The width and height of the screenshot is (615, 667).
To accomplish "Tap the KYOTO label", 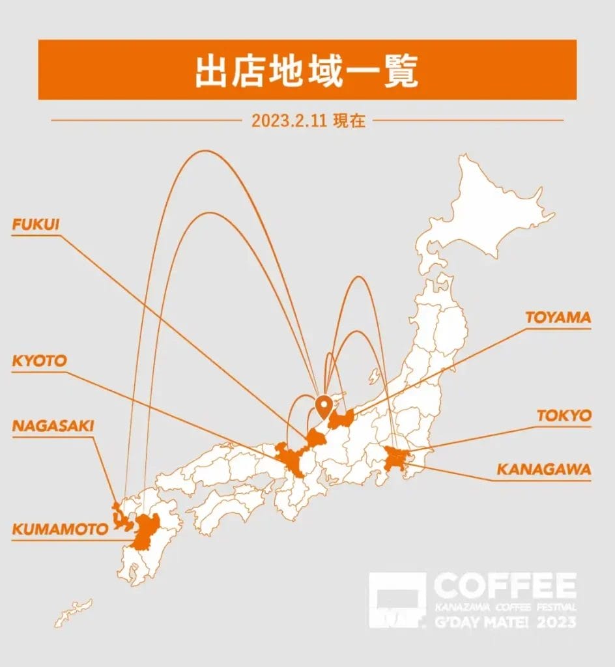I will tap(40, 361).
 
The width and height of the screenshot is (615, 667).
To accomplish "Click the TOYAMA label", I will tap(558, 318).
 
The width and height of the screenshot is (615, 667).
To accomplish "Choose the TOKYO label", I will tap(564, 416).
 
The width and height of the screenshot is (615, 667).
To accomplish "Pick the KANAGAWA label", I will tap(544, 470).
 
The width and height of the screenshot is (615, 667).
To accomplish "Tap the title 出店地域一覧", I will tap(307, 70).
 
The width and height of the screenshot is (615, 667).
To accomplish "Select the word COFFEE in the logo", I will tap(505, 586).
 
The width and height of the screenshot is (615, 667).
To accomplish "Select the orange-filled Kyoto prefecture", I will tap(291, 461).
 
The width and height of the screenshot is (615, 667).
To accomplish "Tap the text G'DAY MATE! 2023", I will tap(505, 623).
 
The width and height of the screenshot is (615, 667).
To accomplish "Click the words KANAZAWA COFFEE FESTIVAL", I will tap(505, 607).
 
